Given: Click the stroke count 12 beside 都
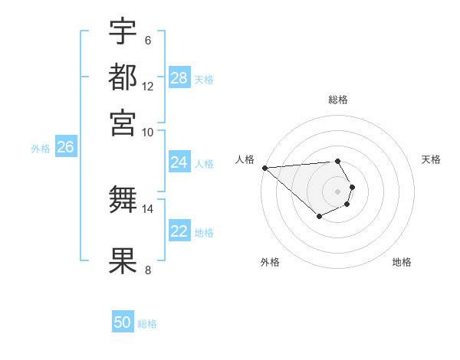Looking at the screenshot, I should [148, 87].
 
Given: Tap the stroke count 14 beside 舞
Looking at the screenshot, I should [148, 208].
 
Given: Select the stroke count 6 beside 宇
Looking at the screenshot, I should [148, 41].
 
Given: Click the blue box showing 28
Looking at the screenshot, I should [179, 78].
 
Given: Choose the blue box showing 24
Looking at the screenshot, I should [179, 162].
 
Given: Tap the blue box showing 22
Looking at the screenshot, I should [179, 231].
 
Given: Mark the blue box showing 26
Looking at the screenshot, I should [65, 147].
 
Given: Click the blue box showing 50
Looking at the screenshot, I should [123, 322].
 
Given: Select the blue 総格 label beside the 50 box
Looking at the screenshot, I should [147, 324].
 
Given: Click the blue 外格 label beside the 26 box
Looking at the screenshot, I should [41, 149].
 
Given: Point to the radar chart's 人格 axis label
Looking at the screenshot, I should [245, 159].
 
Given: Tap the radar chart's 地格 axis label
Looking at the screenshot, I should [402, 262].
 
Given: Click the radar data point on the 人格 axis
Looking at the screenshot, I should [264, 168].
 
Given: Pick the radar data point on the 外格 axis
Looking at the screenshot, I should [319, 218].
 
